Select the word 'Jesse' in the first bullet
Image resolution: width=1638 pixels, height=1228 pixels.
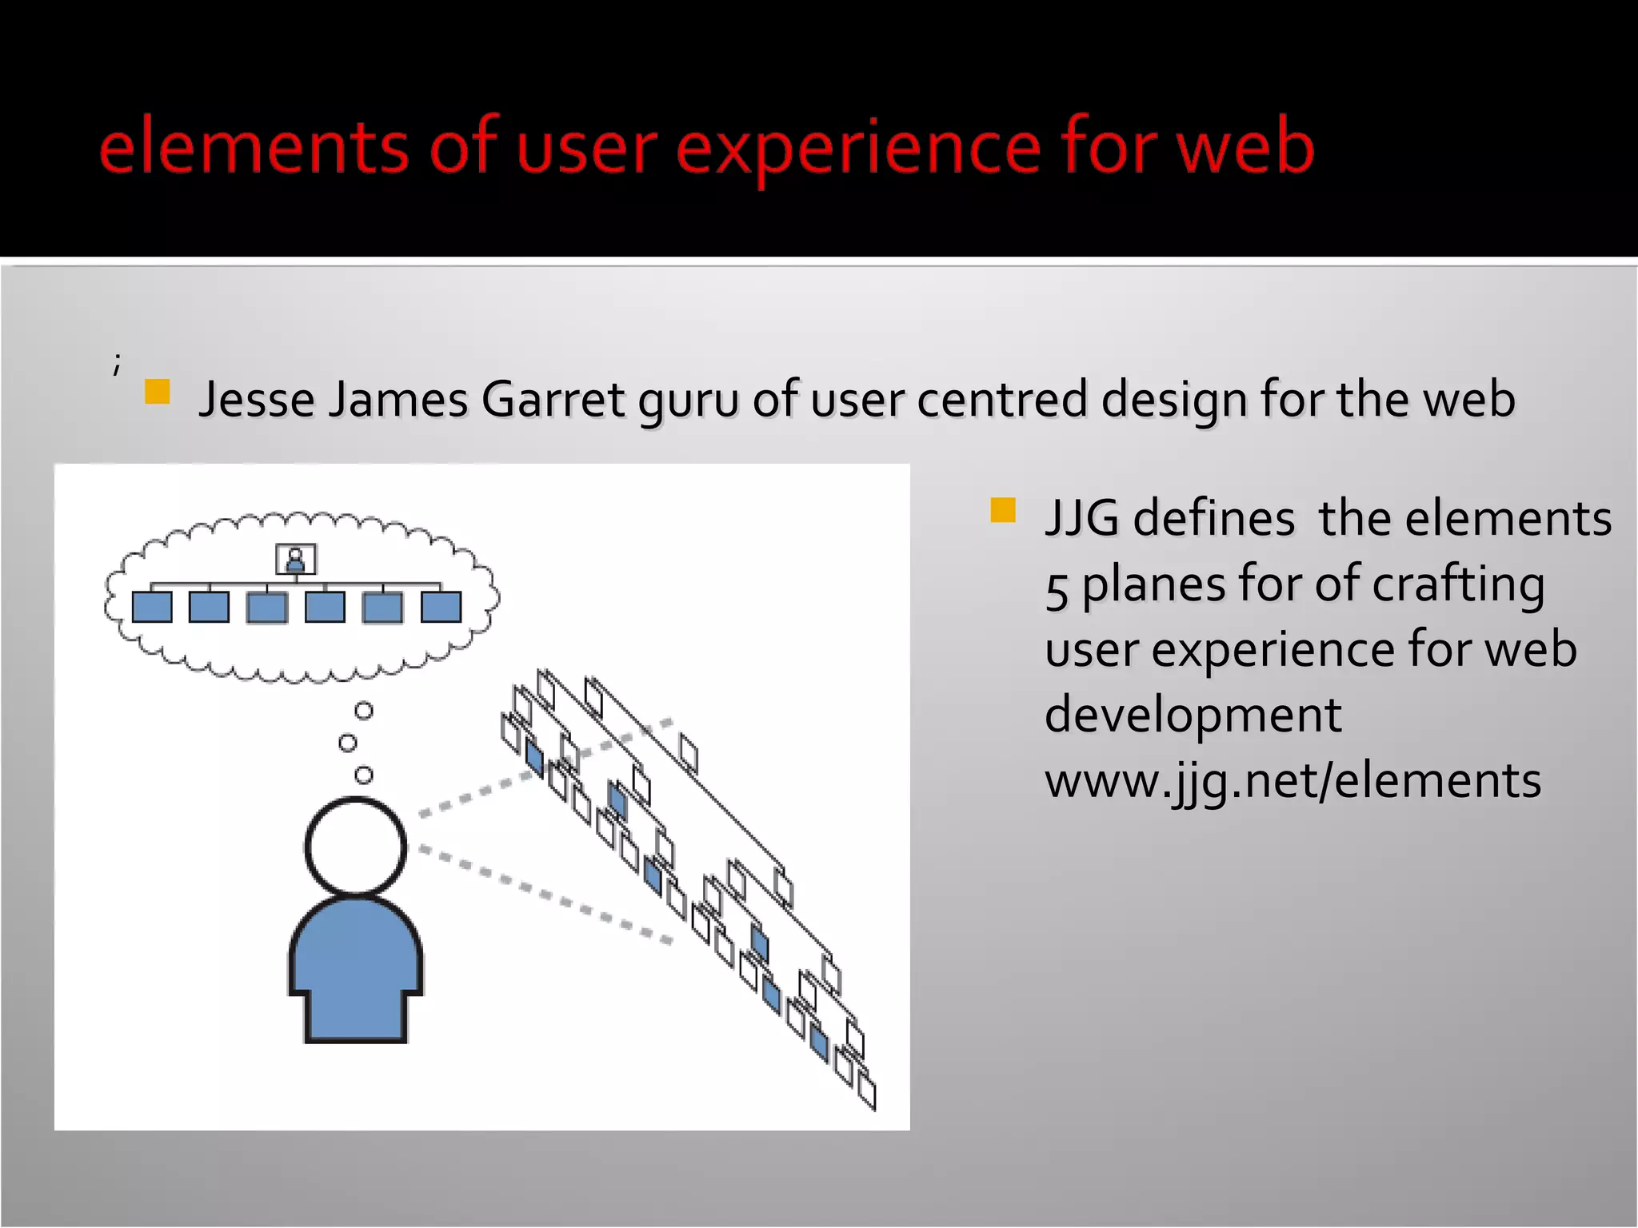[255, 399]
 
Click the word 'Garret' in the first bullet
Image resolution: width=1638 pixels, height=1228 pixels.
[553, 399]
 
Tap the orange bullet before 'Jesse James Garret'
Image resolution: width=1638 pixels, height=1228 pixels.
[157, 392]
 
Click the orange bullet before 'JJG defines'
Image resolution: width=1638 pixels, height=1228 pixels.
[1002, 510]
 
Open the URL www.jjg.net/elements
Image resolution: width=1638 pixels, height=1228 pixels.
[1292, 780]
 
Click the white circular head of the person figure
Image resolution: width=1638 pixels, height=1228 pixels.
[356, 846]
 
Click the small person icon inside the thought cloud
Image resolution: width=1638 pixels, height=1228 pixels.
[295, 559]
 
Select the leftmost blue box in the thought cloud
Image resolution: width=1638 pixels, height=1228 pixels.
[152, 607]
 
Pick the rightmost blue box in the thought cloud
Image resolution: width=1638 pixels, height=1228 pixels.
[441, 607]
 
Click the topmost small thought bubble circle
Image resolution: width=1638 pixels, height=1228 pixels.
[364, 711]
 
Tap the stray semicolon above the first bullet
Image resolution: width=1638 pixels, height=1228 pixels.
[117, 364]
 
